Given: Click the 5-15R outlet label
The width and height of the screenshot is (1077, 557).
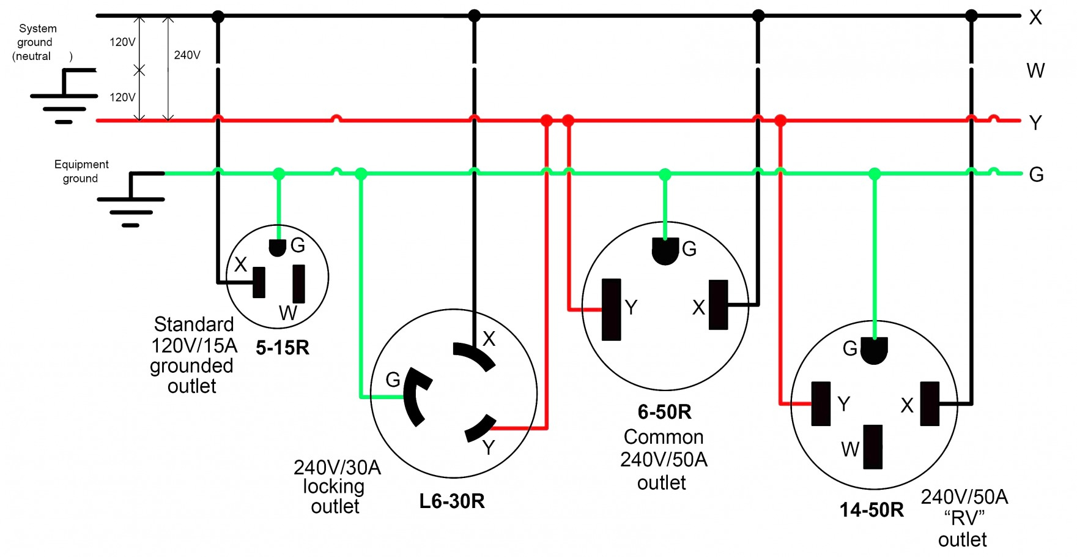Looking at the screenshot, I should (283, 348).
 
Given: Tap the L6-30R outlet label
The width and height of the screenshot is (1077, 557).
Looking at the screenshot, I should (452, 501).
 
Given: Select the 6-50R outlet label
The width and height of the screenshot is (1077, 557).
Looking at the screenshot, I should (664, 412).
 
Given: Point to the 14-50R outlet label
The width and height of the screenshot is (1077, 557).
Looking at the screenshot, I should (872, 510).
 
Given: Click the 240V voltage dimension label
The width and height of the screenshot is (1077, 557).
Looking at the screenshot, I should (187, 55).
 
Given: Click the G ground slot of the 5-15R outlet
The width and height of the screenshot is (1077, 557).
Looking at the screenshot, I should (278, 248).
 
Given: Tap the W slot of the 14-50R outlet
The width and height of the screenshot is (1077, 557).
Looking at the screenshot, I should (873, 447).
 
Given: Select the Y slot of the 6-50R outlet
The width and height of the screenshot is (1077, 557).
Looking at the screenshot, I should (612, 309).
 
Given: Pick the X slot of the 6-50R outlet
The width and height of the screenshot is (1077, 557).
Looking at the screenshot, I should (719, 305).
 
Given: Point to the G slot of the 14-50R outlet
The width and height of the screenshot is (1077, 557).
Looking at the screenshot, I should (874, 351).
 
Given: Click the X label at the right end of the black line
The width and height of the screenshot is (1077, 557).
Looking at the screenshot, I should (1035, 18).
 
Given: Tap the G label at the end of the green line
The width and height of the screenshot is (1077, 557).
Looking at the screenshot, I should (1036, 175).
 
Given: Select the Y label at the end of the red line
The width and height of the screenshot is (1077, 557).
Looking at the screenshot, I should (1035, 123).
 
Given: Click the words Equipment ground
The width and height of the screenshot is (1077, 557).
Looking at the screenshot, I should (81, 171).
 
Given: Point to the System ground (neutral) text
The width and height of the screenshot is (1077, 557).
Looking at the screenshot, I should (37, 42).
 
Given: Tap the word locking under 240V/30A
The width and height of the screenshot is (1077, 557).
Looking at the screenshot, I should (333, 487).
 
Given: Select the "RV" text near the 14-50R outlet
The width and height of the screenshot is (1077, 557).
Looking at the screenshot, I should (964, 519).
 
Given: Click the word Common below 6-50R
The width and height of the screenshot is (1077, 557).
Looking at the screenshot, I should (664, 437).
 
